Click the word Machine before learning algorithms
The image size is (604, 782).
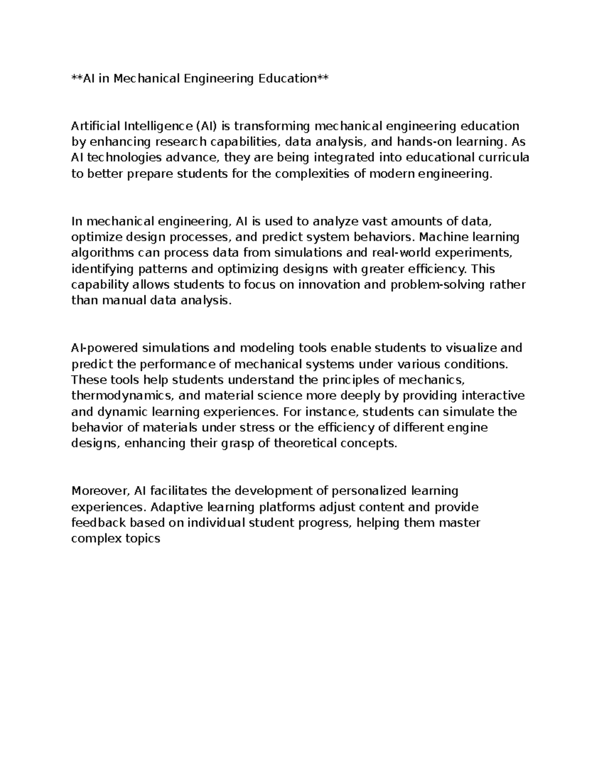pyautogui.click(x=439, y=237)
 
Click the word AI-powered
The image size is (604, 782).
pyautogui.click(x=105, y=348)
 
